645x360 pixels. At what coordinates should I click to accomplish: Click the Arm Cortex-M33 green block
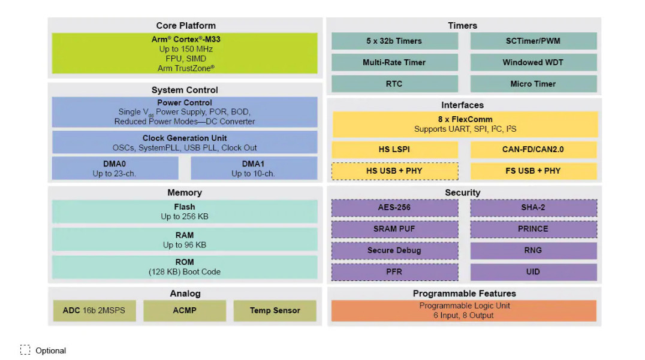click(x=185, y=53)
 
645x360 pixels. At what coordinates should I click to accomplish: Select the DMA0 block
click(x=115, y=168)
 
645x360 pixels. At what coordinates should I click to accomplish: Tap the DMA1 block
click(x=254, y=168)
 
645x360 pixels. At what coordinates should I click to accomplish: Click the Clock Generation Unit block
click(x=185, y=143)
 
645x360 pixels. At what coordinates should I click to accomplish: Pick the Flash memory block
click(x=185, y=211)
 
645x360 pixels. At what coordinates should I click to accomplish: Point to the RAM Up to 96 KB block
click(x=185, y=240)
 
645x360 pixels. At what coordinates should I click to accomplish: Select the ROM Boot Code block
click(x=185, y=267)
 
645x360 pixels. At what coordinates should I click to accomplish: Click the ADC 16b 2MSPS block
click(x=94, y=310)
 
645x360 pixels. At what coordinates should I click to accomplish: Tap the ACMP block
click(x=185, y=310)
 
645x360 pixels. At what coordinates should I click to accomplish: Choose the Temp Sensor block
click(x=275, y=310)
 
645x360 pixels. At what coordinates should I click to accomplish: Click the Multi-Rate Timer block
click(x=394, y=62)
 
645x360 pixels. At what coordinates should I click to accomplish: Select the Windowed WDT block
click(x=533, y=62)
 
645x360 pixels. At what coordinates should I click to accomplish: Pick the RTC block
click(x=394, y=84)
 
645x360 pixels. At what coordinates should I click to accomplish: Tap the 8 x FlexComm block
click(x=465, y=124)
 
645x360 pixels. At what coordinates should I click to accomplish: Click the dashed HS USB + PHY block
click(x=394, y=171)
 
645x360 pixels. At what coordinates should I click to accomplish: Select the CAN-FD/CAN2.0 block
click(x=533, y=149)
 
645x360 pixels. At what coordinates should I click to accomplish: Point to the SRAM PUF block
click(x=394, y=229)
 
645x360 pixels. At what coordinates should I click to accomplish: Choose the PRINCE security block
click(x=533, y=229)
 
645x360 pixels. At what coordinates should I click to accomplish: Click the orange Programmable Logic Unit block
click(x=464, y=310)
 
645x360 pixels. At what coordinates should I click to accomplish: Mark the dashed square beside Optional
click(x=25, y=350)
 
